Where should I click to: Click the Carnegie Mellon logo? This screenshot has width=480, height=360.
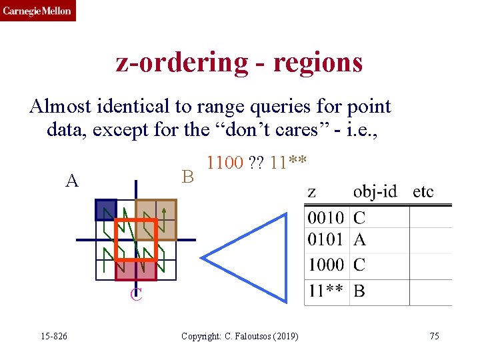point(37,11)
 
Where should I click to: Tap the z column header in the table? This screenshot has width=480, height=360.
point(311,193)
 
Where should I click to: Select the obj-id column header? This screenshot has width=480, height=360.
point(375,192)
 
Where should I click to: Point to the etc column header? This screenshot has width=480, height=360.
point(423,192)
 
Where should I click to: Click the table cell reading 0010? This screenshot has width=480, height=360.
point(326,217)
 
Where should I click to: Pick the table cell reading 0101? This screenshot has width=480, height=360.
point(326,239)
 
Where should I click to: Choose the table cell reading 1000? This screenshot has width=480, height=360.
point(326,265)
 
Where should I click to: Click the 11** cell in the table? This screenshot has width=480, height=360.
point(326,291)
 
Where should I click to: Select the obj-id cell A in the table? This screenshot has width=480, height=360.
point(359,239)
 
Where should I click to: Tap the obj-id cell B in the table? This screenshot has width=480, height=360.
point(359,291)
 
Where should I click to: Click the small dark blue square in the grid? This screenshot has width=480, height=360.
point(105,210)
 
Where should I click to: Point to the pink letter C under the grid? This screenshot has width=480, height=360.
point(136,294)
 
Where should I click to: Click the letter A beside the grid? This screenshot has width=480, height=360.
point(71,180)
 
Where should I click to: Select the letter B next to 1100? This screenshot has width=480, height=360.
point(188,177)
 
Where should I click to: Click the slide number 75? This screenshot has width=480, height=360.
point(434,336)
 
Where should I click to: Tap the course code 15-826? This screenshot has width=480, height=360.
point(54,336)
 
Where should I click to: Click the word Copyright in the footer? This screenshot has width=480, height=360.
point(199,336)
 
